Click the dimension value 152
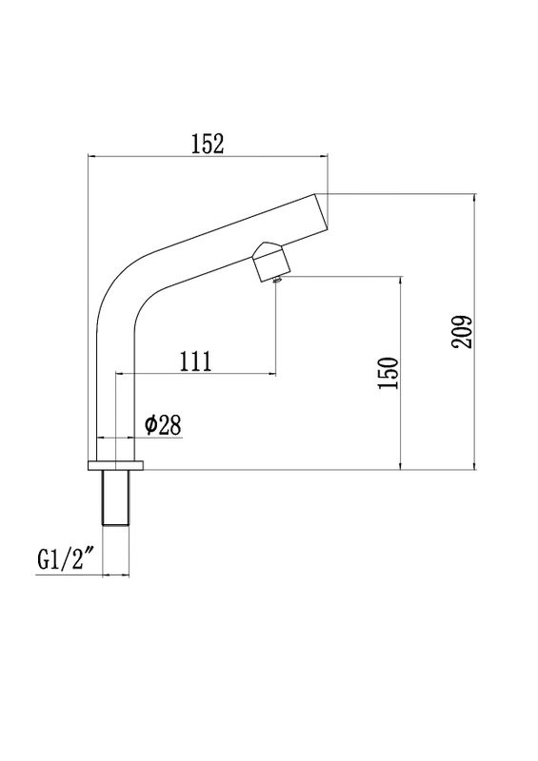pyautogui.click(x=207, y=144)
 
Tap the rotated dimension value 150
pyautogui.click(x=388, y=374)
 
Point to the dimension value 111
pyautogui.click(x=194, y=361)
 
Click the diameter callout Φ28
pyautogui.click(x=163, y=425)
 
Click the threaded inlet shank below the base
pyautogui.click(x=115, y=498)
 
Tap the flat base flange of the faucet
pyautogui.click(x=115, y=465)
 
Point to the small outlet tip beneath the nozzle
pyautogui.click(x=276, y=279)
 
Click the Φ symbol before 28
pyautogui.click(x=150, y=425)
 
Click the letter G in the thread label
pyautogui.click(x=44, y=560)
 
